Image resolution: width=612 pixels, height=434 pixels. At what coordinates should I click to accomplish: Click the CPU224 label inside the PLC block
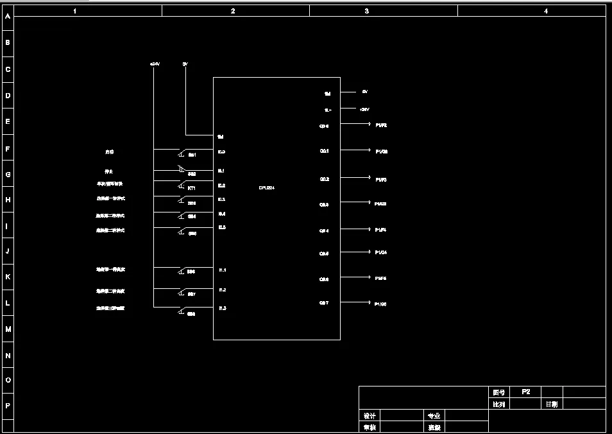pyautogui.click(x=267, y=187)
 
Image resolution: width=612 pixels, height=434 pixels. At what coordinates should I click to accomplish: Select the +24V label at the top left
pyautogui.click(x=154, y=64)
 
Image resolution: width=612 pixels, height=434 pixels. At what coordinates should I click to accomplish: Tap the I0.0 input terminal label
pyautogui.click(x=221, y=152)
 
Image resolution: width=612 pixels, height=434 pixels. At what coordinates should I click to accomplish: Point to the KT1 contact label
pyautogui.click(x=191, y=188)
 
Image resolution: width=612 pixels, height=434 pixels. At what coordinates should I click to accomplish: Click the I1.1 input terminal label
pyautogui.click(x=222, y=270)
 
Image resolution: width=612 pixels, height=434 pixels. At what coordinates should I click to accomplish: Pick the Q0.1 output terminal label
pyautogui.click(x=324, y=151)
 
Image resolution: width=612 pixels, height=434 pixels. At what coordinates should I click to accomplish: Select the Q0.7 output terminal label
pyautogui.click(x=324, y=302)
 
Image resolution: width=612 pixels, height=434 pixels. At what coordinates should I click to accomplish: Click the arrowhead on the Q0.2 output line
pyautogui.click(x=368, y=177)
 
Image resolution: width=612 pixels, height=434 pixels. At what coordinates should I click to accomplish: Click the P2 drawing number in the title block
pyautogui.click(x=525, y=392)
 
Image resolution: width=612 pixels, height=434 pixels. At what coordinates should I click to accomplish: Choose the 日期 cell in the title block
pyautogui.click(x=552, y=404)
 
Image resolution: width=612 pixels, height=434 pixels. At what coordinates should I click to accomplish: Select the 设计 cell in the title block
pyautogui.click(x=370, y=416)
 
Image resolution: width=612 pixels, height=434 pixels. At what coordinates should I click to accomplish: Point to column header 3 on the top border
pyautogui.click(x=366, y=11)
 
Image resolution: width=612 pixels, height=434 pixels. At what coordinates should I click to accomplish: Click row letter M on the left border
pyautogui.click(x=8, y=329)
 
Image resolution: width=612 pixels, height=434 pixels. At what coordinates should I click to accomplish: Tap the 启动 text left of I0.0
pyautogui.click(x=110, y=152)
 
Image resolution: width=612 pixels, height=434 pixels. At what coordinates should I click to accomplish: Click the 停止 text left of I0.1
pyautogui.click(x=109, y=171)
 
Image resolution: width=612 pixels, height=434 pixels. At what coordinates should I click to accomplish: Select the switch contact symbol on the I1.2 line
pyautogui.click(x=182, y=291)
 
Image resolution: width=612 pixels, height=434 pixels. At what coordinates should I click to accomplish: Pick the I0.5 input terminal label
pyautogui.click(x=221, y=227)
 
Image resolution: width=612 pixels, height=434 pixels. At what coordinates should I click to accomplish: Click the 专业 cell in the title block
pyautogui.click(x=434, y=416)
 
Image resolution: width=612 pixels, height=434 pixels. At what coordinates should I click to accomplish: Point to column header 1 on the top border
pyautogui.click(x=75, y=11)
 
